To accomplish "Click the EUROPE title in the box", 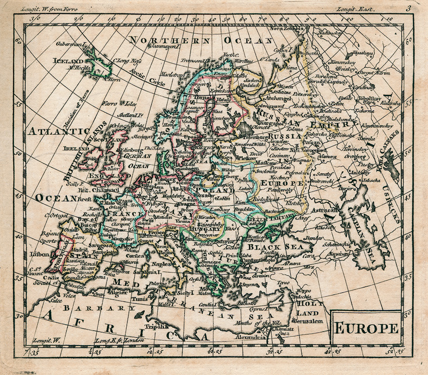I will [x=366, y=327].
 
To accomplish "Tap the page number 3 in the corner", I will [x=408, y=7].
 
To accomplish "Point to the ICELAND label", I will [x=68, y=61].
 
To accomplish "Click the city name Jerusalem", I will [x=309, y=321].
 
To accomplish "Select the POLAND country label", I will [x=213, y=189].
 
